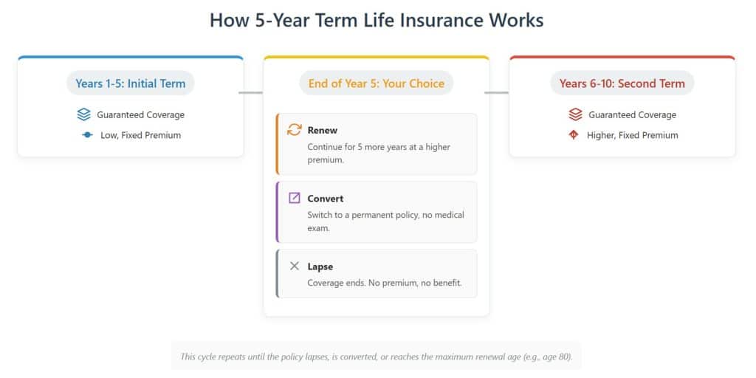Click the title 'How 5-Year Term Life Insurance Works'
click(377, 20)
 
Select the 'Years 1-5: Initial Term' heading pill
click(130, 83)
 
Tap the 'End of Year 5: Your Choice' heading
click(377, 83)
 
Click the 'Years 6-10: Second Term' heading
click(622, 83)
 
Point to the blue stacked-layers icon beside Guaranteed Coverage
click(84, 115)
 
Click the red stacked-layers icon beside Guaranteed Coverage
click(575, 115)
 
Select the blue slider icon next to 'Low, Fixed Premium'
click(87, 135)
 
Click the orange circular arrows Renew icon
click(294, 130)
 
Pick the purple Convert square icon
click(294, 198)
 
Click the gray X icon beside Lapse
click(294, 266)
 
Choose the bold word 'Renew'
click(323, 131)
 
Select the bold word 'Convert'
click(326, 199)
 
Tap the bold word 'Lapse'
click(320, 267)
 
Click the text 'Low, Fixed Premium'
click(140, 135)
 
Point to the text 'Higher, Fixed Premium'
click(633, 135)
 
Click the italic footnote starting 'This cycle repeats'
click(376, 357)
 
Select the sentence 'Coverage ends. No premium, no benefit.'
click(385, 283)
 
